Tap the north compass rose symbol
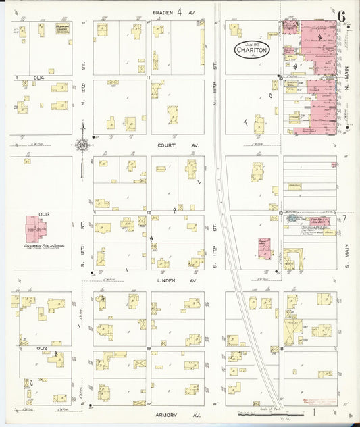pyautogui.click(x=82, y=143)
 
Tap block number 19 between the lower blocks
pyautogui.click(x=147, y=348)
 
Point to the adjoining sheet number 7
pyautogui.click(x=344, y=218)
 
